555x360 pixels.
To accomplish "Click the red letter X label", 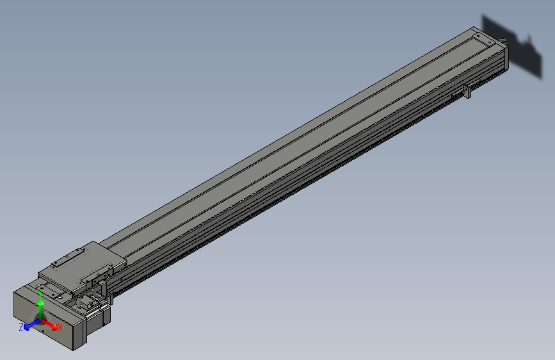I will coord(60,328).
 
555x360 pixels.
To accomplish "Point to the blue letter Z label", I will coord(21,327).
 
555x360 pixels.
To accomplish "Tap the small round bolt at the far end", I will coord(503,40).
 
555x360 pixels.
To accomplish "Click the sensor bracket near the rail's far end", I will coord(468,92).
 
